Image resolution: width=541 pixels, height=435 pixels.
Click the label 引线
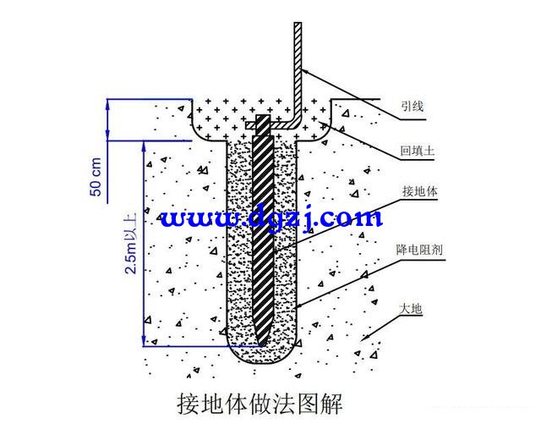[x=412, y=106]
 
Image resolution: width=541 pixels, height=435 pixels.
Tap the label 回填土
[x=417, y=151]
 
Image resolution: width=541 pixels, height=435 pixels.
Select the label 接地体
[x=419, y=191]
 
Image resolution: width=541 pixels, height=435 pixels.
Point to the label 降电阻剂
[x=419, y=250]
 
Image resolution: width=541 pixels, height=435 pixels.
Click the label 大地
[x=411, y=309]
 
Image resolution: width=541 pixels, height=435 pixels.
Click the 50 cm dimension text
[x=96, y=177]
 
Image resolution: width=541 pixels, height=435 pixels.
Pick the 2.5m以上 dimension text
[x=131, y=244]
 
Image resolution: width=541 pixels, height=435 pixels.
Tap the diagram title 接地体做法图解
[x=260, y=403]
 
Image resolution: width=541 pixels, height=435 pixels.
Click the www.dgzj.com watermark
[x=271, y=218]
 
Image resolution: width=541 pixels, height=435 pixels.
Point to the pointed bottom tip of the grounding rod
[x=261, y=344]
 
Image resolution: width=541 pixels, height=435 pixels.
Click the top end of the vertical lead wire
[x=298, y=23]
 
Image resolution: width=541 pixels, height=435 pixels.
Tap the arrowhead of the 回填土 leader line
[x=324, y=124]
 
